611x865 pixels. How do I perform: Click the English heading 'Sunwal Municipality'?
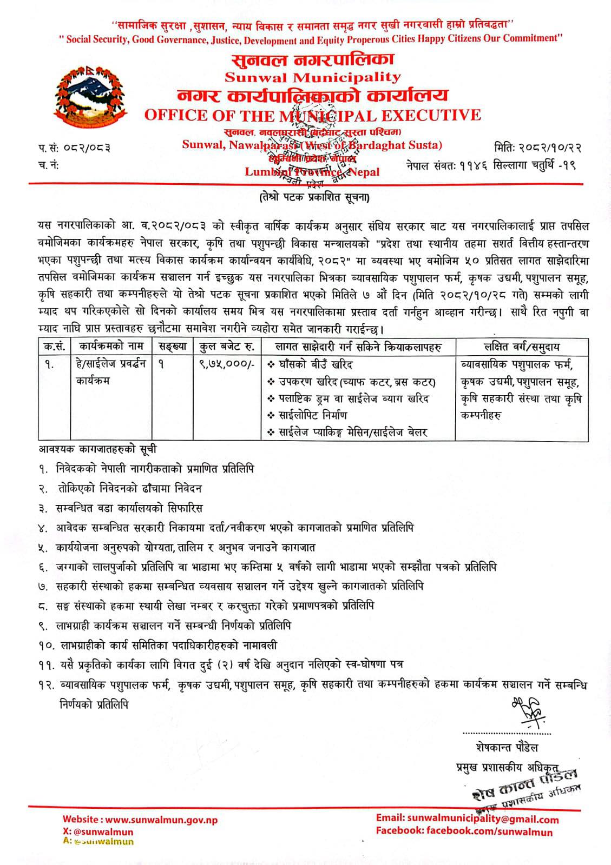click(313, 77)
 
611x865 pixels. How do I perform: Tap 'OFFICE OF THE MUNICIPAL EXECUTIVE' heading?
click(312, 115)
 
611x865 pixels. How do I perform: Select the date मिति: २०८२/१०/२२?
click(538, 147)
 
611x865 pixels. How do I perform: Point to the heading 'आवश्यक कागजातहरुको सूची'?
click(98, 449)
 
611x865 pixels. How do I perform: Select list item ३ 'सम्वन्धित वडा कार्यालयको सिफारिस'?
click(129, 508)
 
